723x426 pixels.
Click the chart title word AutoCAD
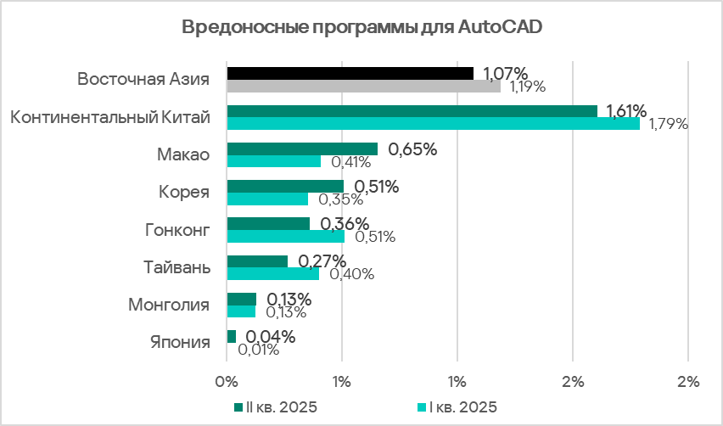tap(501, 26)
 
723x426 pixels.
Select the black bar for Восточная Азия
tap(350, 73)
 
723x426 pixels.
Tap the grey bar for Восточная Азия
tap(363, 86)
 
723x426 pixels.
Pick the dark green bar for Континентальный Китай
tap(412, 111)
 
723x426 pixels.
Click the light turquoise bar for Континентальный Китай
tap(433, 124)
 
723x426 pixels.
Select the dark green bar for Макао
tap(301, 149)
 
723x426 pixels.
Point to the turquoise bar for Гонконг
tap(285, 237)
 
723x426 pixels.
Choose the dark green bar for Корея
tap(285, 187)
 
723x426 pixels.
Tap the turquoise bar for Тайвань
tap(272, 274)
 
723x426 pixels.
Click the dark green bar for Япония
tap(231, 337)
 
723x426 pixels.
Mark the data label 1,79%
tap(668, 125)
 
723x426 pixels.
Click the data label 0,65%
tap(412, 149)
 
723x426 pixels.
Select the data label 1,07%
tap(506, 73)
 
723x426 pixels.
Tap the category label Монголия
tap(169, 304)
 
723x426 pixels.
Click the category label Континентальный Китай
tap(109, 117)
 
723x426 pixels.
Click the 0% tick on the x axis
tap(227, 381)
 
